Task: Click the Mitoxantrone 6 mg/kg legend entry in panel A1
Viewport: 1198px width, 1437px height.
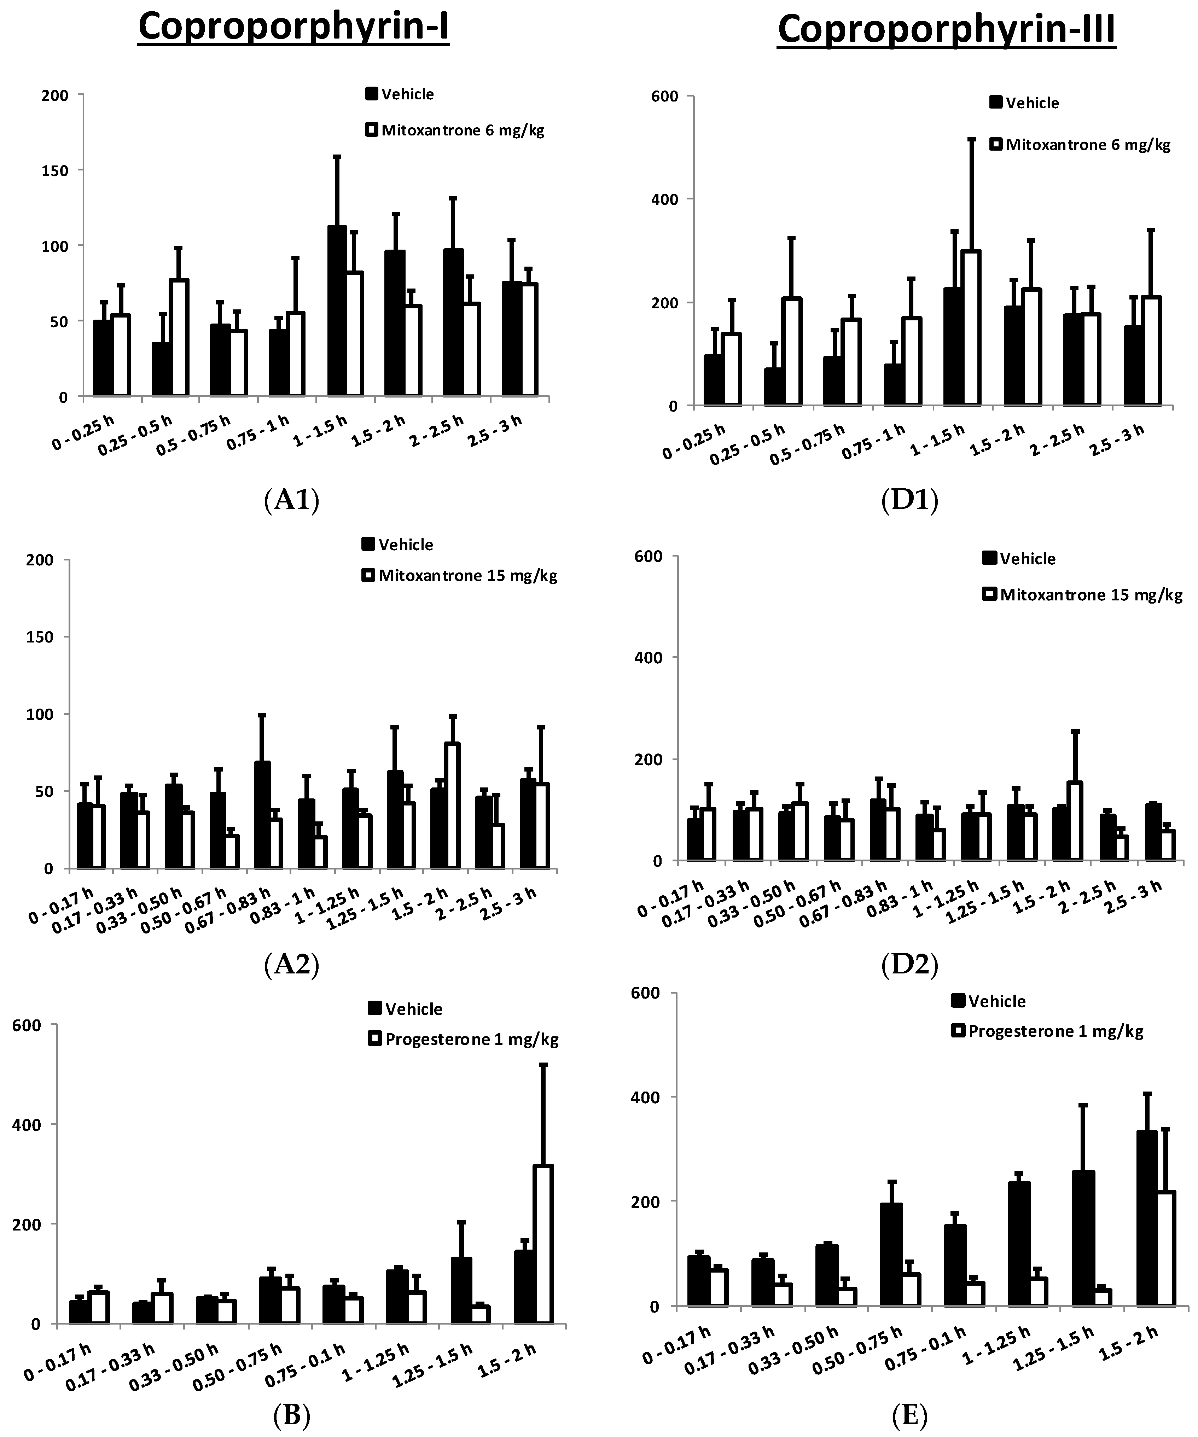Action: (463, 130)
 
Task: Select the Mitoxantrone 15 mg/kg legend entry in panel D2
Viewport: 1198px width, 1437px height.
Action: (1091, 595)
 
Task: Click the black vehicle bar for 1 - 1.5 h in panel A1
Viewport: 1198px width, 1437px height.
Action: (337, 312)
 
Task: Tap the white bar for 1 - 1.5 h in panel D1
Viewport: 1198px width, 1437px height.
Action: (971, 328)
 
